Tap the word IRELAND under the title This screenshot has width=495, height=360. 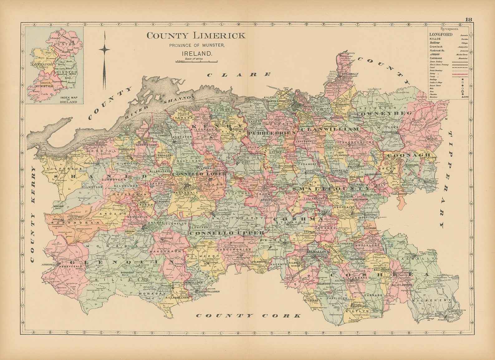197,53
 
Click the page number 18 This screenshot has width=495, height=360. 468,19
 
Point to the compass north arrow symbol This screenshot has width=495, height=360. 104,59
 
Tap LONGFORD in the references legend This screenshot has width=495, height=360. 441,35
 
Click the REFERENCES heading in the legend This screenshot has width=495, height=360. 449,29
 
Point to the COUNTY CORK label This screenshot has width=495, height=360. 248,316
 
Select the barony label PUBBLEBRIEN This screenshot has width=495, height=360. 272,133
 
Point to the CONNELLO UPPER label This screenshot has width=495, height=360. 227,233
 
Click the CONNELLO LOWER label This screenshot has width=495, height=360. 195,174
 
